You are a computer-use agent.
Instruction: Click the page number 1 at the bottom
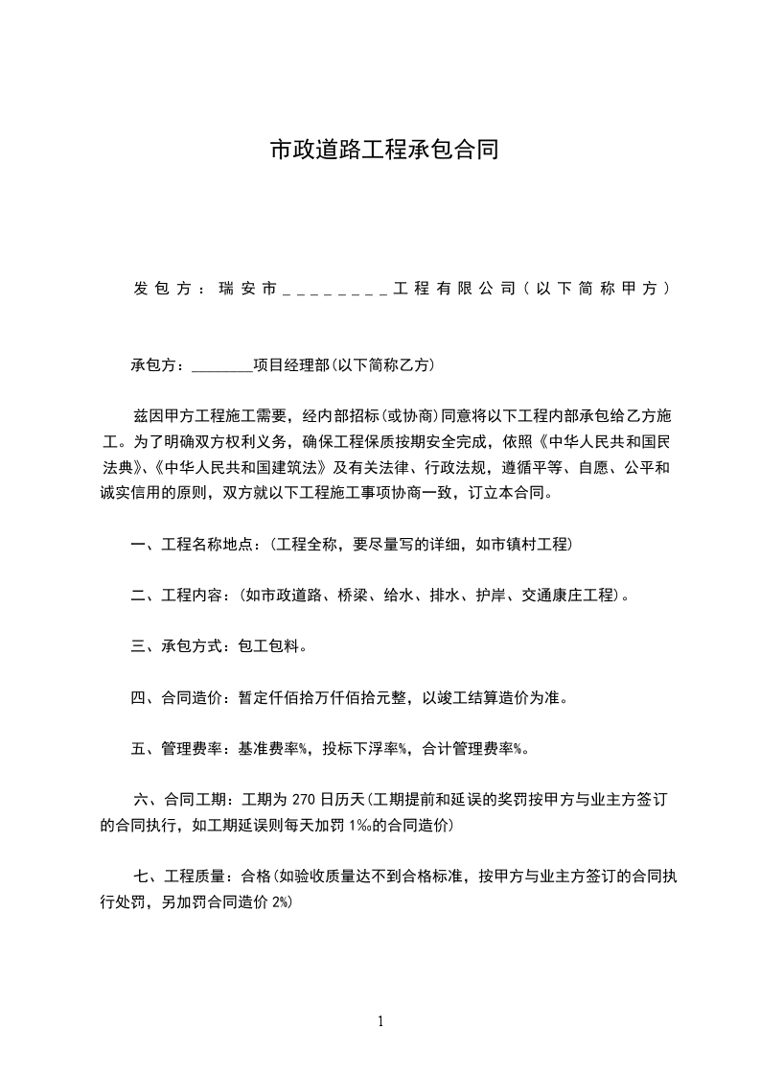380,1021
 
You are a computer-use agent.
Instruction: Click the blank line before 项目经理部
222,365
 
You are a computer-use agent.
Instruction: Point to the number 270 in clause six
303,798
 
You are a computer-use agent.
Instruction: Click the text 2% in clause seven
281,902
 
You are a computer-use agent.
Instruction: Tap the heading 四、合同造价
176,697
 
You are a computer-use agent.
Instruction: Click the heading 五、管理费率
176,748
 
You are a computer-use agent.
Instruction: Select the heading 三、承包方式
176,646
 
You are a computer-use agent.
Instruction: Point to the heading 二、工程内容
176,596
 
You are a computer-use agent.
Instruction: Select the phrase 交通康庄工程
566,596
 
